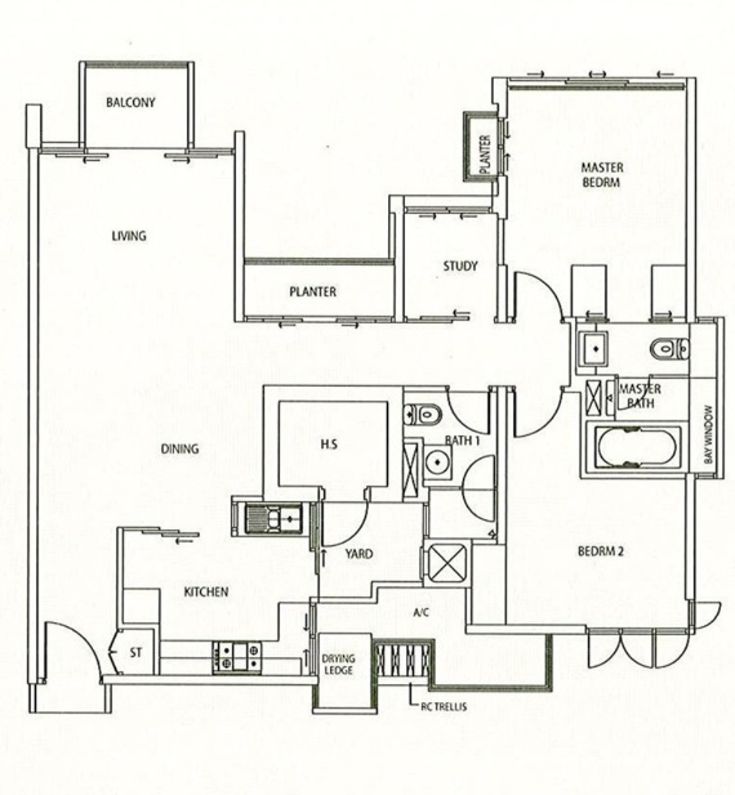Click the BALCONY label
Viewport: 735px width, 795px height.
click(x=131, y=102)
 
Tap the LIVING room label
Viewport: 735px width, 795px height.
click(x=129, y=236)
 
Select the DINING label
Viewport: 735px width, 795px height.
click(x=180, y=449)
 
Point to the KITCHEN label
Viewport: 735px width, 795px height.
click(x=206, y=592)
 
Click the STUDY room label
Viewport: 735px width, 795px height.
click(x=460, y=266)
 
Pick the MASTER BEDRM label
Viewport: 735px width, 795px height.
click(x=602, y=175)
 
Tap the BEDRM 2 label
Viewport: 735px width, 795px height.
click(x=600, y=551)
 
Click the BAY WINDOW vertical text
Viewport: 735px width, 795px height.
click(x=709, y=434)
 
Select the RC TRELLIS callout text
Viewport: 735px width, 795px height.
click(x=443, y=707)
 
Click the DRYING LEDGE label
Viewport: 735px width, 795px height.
click(x=338, y=664)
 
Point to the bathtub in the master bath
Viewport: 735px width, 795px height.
click(x=637, y=447)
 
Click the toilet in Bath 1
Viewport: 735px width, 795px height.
click(x=423, y=414)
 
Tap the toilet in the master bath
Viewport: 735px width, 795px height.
click(x=670, y=349)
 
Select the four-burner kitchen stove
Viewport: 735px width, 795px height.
click(x=236, y=658)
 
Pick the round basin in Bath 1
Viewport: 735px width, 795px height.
click(x=437, y=462)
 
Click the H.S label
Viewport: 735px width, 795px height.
click(x=329, y=444)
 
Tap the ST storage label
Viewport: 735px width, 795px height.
click(x=136, y=652)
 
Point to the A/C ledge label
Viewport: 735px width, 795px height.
click(x=421, y=612)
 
